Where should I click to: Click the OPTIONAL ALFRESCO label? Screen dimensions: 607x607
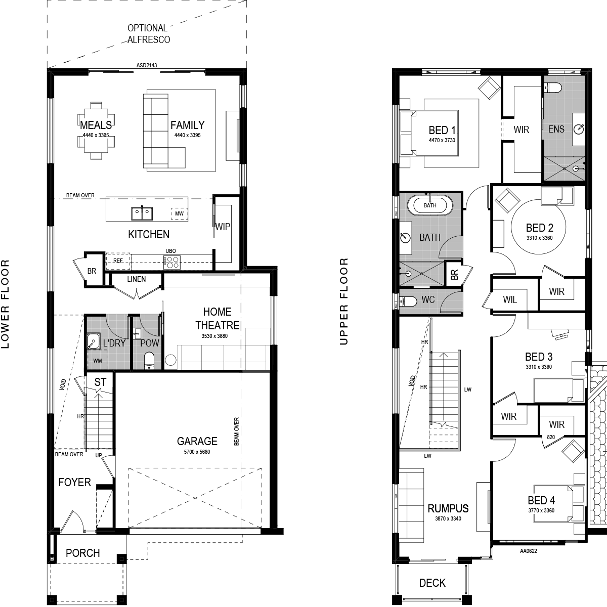click(149, 34)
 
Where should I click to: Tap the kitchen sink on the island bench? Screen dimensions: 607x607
click(142, 213)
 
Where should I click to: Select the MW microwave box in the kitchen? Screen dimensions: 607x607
click(179, 213)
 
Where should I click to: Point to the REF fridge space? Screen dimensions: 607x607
click(118, 261)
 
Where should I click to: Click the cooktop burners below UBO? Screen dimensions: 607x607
click(172, 262)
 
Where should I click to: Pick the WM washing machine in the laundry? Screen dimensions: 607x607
click(98, 361)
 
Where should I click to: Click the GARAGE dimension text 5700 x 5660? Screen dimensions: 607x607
click(197, 452)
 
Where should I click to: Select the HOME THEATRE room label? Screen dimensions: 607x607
click(218, 318)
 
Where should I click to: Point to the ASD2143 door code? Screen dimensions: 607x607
click(147, 66)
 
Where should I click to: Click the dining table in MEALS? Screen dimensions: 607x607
click(96, 131)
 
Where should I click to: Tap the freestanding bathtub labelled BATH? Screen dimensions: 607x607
click(430, 205)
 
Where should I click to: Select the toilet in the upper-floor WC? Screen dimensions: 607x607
click(408, 301)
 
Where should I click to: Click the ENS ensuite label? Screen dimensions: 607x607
click(556, 129)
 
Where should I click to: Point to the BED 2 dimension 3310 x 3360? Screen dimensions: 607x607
click(540, 238)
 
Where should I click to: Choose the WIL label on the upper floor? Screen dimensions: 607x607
click(510, 299)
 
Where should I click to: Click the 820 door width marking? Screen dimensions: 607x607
click(551, 437)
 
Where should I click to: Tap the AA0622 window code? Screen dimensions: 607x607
click(529, 551)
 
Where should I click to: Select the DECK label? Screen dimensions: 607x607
click(432, 583)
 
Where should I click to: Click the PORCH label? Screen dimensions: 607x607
click(83, 553)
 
